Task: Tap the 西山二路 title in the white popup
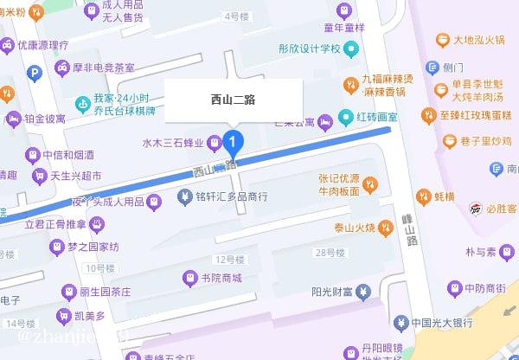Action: pos(234,100)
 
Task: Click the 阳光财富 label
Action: pos(330,292)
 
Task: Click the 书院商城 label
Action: pos(221,278)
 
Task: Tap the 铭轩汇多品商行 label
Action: pos(232,197)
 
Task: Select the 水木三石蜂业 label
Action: pos(177,143)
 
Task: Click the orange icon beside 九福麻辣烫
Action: pos(351,85)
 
